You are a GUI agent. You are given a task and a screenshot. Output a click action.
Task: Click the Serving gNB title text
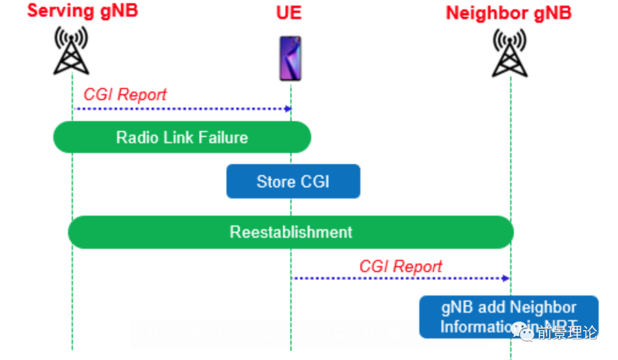[x=82, y=10]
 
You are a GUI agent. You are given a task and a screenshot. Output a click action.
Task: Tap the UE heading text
[x=289, y=12]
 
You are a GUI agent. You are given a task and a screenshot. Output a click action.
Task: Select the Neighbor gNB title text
[x=509, y=13]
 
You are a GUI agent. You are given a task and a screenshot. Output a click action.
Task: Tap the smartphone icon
[x=290, y=58]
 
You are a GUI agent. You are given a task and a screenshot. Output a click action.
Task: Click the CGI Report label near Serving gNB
[x=125, y=94]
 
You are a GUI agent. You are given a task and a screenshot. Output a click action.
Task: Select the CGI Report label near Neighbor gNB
[x=401, y=266]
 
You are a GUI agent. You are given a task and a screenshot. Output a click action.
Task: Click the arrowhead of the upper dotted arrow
[x=289, y=109]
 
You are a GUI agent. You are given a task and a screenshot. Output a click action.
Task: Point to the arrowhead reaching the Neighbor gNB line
[x=506, y=278]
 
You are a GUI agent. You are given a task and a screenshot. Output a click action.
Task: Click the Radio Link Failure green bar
[x=182, y=137]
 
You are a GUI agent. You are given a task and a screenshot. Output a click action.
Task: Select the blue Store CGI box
[x=293, y=181]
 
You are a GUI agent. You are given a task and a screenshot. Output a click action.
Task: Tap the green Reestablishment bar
[x=291, y=232]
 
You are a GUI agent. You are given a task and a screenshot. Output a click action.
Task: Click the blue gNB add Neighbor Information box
[x=509, y=317]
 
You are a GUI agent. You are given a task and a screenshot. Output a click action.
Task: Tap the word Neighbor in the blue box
[x=541, y=307]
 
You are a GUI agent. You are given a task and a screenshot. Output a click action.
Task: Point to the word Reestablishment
[x=291, y=232]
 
